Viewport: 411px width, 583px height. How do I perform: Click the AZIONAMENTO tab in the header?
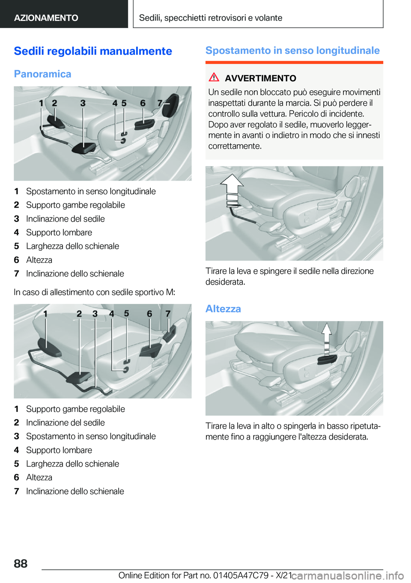46,18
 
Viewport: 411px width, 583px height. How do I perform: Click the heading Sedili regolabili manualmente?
93,51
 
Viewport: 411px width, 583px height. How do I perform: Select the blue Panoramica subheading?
42,74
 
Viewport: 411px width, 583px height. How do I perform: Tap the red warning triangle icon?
214,77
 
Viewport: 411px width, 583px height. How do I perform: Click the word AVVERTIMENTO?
260,78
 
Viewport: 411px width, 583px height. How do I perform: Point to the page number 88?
21,563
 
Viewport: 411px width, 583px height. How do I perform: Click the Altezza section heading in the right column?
223,309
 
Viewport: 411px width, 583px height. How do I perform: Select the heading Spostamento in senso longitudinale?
292,51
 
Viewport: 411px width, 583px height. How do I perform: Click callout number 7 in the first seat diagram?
160,103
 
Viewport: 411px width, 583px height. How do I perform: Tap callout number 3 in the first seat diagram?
83,103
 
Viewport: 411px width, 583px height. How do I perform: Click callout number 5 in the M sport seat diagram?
126,313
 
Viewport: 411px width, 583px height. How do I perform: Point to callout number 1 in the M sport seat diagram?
45,314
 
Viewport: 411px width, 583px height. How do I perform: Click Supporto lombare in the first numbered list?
59,232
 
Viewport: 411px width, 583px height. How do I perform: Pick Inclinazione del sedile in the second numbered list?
66,422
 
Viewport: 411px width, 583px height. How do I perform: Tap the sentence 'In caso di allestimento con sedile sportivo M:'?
94,292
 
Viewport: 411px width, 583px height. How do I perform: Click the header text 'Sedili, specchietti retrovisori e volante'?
211,18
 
